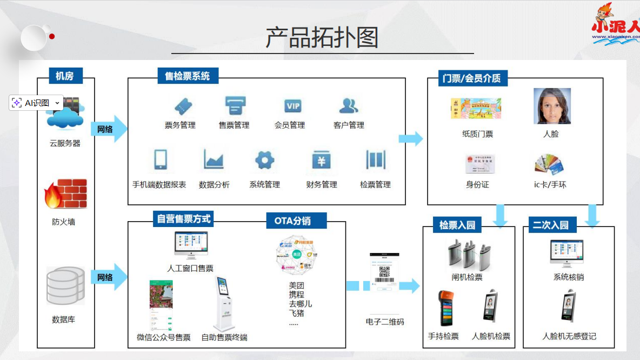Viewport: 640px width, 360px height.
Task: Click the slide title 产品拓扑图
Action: coord(322,37)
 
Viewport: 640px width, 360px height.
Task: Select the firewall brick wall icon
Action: coord(65,194)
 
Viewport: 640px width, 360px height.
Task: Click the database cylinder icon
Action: coord(65,285)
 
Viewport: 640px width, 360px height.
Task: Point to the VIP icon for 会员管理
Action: coord(292,105)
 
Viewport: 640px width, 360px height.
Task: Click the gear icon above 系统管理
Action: coord(265,160)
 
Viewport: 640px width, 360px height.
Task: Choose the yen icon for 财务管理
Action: coord(322,161)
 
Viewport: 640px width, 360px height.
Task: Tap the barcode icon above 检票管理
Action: coord(375,160)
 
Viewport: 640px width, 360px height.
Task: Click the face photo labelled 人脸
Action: coord(552,106)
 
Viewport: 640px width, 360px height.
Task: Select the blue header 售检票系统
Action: coord(188,76)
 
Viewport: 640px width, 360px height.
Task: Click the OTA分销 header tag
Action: coord(296,221)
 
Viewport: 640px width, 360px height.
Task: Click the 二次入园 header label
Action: coord(550,225)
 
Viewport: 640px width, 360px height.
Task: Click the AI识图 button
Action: coord(36,103)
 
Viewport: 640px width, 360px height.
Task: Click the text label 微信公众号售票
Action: coord(164,337)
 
